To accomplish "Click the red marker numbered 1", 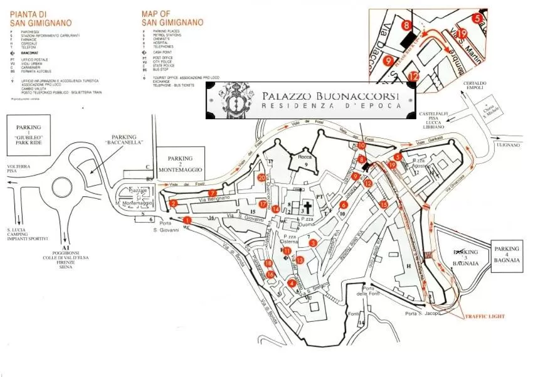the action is pos(187,220).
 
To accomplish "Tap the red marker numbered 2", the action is pos(173,203).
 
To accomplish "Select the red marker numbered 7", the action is pos(213,193).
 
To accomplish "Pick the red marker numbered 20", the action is pos(261,178).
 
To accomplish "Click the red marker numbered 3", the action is pos(312,243).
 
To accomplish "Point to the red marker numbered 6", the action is pos(344,204).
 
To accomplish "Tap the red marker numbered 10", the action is pos(362,146).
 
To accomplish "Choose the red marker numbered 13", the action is pos(300,260).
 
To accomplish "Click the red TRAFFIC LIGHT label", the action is pos(485,317).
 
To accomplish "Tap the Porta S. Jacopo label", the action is pos(423,313).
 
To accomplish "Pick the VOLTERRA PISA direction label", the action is pos(22,168).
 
